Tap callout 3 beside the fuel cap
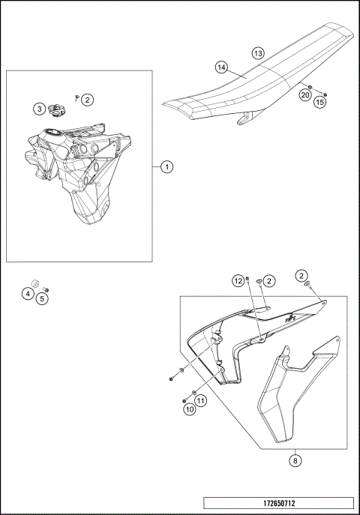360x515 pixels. (38, 109)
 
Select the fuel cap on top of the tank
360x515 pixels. (55, 111)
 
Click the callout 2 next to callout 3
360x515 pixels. (88, 99)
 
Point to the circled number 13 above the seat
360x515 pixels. (257, 54)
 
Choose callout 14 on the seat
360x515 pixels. (221, 67)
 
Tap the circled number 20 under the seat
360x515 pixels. (305, 94)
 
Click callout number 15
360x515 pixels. (319, 102)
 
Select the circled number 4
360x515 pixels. (28, 295)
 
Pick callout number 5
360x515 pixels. (42, 298)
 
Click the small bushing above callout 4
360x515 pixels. (34, 283)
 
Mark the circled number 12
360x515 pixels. (238, 280)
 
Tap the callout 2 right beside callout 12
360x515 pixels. (269, 280)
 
